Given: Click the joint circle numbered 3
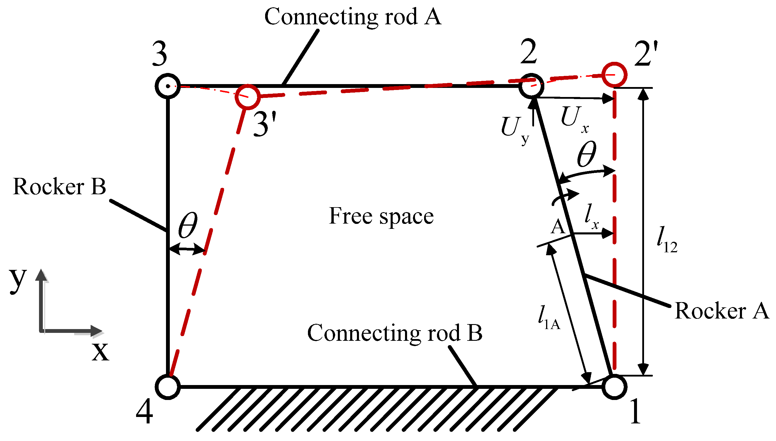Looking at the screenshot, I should [x=168, y=86].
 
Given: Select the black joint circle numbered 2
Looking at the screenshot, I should [x=531, y=86].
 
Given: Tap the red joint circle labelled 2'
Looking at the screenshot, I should [x=614, y=74].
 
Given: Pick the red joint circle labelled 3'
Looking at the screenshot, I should [x=248, y=97].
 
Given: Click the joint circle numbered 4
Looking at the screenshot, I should [x=168, y=387].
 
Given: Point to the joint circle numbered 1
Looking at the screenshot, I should [x=614, y=387].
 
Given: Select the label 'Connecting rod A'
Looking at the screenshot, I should [x=353, y=17].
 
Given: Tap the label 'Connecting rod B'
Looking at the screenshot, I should [x=394, y=333].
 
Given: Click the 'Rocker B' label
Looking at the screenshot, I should [x=60, y=186].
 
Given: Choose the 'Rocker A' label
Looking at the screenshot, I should [x=722, y=311].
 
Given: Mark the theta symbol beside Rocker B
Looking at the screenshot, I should [x=188, y=225].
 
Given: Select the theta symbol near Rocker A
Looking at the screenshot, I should [x=586, y=155].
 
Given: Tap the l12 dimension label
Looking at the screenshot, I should [x=666, y=240].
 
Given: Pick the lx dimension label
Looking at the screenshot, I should [x=591, y=217].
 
